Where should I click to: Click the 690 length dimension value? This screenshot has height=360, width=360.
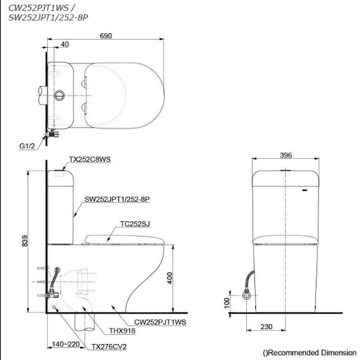[x=106, y=34]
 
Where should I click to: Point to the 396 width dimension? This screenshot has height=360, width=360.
[x=287, y=154]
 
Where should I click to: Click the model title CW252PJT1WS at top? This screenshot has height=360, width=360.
[x=37, y=7]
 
